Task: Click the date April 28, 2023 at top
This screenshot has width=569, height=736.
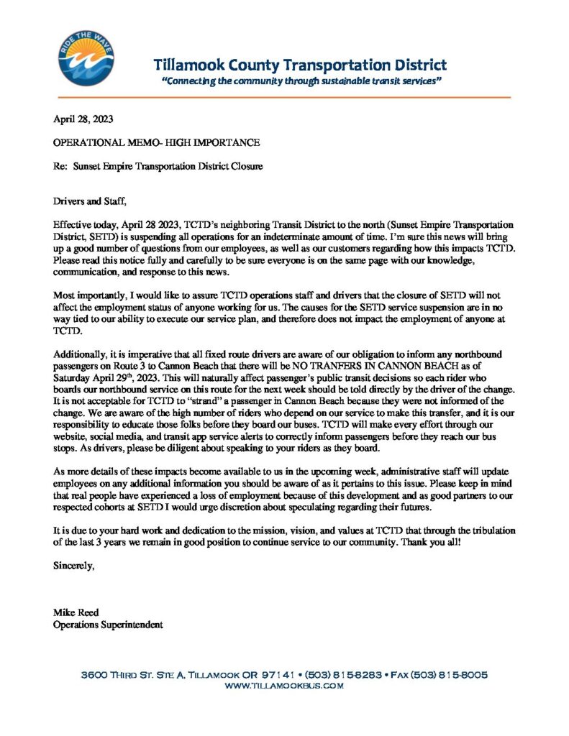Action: (83, 119)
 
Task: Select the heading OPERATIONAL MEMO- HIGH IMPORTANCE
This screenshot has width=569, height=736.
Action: (157, 142)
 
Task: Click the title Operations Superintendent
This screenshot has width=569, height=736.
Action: (109, 625)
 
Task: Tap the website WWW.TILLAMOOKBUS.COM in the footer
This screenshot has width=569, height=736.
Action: (284, 686)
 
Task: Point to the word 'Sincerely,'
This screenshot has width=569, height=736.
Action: (74, 566)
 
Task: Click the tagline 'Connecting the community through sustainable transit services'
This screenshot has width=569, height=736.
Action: (301, 81)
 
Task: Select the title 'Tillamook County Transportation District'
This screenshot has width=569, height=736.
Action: (300, 65)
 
